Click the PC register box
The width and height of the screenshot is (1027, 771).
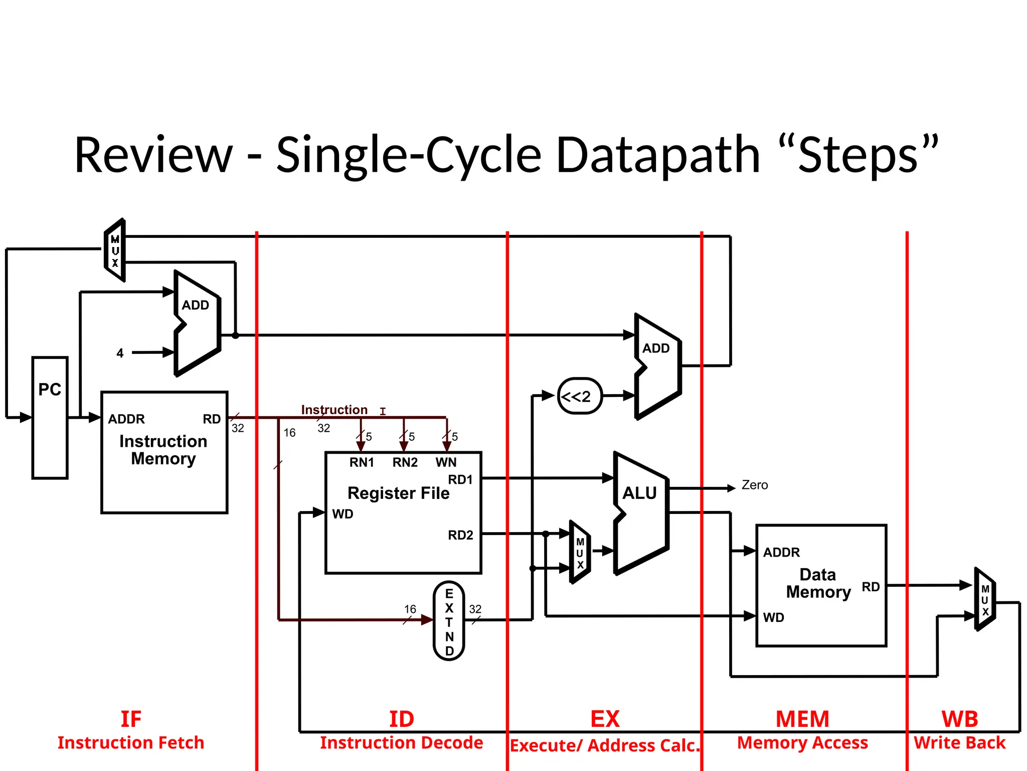(x=50, y=418)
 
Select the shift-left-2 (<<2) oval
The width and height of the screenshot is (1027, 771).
(x=580, y=396)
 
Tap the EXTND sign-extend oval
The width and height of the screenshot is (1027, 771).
(x=449, y=621)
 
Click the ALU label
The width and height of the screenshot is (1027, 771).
(x=639, y=493)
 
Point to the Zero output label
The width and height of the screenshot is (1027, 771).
(x=754, y=485)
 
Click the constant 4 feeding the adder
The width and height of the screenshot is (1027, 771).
(x=120, y=353)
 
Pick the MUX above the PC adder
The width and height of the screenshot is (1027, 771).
(x=115, y=250)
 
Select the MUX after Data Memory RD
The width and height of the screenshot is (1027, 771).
(x=985, y=600)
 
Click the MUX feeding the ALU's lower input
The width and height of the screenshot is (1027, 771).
(x=580, y=553)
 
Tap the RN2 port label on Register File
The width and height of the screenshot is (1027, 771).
(x=405, y=462)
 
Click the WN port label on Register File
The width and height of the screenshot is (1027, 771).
(x=446, y=462)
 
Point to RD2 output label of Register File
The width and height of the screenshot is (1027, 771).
(x=460, y=535)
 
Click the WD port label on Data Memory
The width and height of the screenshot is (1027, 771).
(x=773, y=617)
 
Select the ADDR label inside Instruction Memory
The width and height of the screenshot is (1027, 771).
(x=126, y=419)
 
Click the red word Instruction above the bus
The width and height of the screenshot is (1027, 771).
(x=334, y=410)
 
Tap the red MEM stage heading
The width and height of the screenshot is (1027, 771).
(x=802, y=719)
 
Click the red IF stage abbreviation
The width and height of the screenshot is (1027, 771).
(x=131, y=719)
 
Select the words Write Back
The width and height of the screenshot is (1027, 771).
(x=959, y=742)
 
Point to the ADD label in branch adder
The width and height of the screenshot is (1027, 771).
(x=656, y=348)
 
